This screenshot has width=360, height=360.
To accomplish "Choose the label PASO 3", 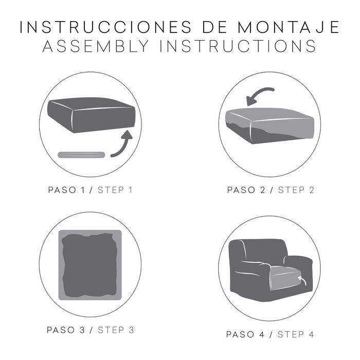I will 66,330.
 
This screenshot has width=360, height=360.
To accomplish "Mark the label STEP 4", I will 295,335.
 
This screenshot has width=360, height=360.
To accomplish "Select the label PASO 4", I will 248,335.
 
